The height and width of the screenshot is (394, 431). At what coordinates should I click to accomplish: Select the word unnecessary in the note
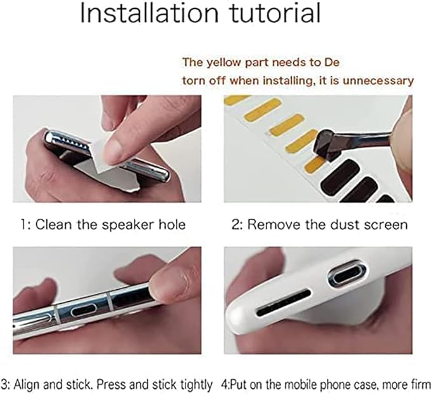coord(378,81)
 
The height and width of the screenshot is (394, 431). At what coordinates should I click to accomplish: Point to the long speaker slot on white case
coord(284,302)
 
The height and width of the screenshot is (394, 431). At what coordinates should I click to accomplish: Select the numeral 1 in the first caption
coord(23,225)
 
